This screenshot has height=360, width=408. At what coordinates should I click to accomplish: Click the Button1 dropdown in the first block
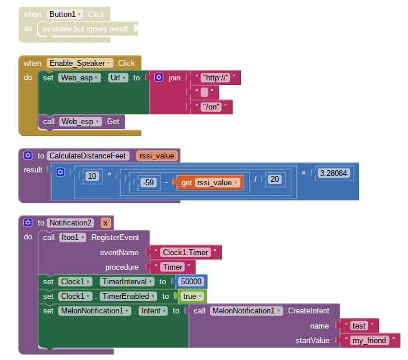pos(64,13)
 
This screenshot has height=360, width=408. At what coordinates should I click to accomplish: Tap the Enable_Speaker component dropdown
pos(80,63)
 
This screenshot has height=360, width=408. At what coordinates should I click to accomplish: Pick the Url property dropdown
pos(118,77)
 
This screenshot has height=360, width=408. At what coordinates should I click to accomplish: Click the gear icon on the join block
pos(158,77)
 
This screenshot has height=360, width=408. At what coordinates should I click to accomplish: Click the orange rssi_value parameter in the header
pos(157,156)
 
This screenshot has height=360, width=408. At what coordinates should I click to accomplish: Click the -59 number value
pos(148,182)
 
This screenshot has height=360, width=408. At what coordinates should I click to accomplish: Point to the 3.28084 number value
pos(334,173)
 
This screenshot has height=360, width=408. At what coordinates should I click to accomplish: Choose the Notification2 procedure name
pos(70,223)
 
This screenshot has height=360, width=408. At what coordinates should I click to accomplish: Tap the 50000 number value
pos(191,281)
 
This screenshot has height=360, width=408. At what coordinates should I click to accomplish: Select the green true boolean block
pos(189,296)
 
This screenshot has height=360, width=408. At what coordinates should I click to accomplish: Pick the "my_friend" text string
pos(370,340)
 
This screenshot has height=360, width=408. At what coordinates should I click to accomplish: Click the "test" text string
pos(359,326)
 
